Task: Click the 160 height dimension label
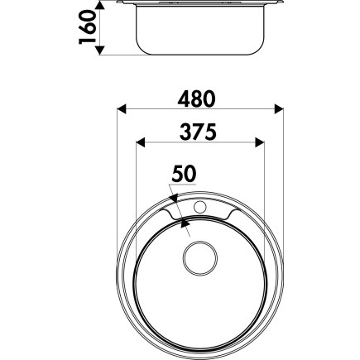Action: (x=87, y=27)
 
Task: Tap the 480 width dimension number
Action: (x=196, y=99)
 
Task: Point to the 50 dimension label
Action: (x=184, y=174)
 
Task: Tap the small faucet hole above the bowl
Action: (x=200, y=207)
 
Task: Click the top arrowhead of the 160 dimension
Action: (x=100, y=6)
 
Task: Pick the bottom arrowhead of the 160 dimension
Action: (x=100, y=50)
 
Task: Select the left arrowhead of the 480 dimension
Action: (x=122, y=108)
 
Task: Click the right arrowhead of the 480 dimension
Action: (x=279, y=108)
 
